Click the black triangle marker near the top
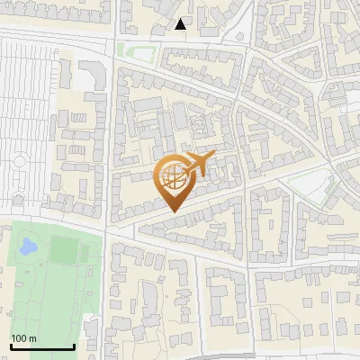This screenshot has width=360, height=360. [181, 24]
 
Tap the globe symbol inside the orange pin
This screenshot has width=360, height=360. [174, 179]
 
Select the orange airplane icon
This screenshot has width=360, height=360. [200, 164]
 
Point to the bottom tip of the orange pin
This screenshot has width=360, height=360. [173, 211]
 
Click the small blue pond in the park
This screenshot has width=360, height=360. [27, 245]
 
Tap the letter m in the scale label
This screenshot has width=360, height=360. [32, 338]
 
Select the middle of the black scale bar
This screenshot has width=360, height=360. [42, 346]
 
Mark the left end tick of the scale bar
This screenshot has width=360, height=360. [11, 346]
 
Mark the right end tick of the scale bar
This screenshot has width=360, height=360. [74, 346]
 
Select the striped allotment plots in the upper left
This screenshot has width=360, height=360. [31, 90]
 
